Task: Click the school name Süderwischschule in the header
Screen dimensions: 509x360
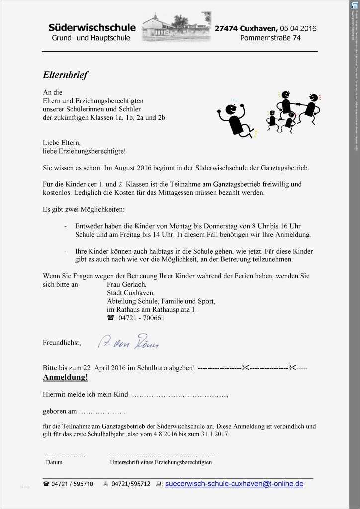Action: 92,27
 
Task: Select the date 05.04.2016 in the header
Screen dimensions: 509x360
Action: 298,28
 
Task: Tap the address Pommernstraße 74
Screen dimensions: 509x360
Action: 277,38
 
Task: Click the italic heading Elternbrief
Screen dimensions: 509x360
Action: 65,75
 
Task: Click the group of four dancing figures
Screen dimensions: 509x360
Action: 292,112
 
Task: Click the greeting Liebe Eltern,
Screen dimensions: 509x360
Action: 62,142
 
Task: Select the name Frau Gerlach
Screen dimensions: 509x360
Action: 127,285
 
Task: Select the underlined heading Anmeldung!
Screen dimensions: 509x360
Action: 65,377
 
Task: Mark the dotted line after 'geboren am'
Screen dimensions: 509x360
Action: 102,412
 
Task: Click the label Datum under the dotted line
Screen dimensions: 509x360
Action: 54,462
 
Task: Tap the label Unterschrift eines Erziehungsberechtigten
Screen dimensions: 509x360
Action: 161,462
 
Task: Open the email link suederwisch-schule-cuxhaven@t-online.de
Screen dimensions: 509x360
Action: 234,483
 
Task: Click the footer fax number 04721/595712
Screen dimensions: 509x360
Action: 131,484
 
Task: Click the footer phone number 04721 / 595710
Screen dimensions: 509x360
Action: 72,484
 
